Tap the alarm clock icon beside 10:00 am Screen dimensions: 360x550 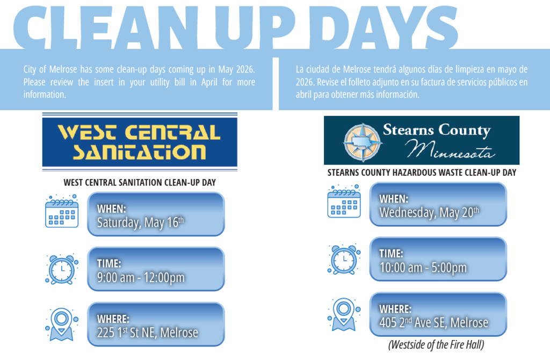344,258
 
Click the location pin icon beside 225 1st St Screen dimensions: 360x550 62,324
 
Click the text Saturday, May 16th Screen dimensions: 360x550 141,222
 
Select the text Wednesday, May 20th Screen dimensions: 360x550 429,212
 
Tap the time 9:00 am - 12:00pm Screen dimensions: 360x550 141,277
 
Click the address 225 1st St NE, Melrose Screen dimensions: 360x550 147,333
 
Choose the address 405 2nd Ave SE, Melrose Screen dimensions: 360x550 434,322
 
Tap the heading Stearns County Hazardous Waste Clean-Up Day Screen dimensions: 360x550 422,172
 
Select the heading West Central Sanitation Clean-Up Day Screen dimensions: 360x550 140,183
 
